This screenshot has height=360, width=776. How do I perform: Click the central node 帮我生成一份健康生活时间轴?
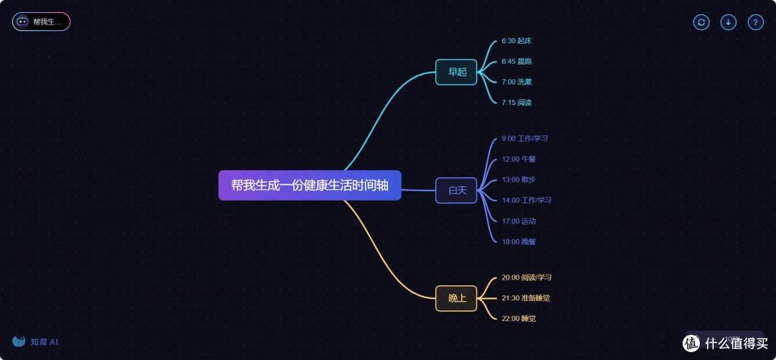(x=310, y=185)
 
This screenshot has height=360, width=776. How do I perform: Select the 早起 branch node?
(x=456, y=72)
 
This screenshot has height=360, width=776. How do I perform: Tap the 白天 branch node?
(x=456, y=190)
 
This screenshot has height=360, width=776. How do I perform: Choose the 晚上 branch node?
(x=456, y=299)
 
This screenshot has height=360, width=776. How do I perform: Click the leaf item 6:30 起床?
(x=517, y=41)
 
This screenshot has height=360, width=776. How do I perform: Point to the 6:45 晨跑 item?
(x=517, y=61)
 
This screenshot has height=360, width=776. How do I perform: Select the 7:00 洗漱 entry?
(x=517, y=82)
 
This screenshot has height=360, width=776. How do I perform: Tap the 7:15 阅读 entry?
(x=517, y=103)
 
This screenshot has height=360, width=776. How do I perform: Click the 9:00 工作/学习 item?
(x=525, y=139)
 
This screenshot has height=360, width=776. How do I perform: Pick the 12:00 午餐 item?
(x=519, y=159)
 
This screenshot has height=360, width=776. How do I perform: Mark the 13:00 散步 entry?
(x=519, y=180)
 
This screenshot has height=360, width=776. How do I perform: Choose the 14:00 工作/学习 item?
(x=527, y=200)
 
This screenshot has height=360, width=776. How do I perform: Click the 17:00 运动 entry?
(x=519, y=221)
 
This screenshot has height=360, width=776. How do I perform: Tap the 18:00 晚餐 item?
(x=519, y=241)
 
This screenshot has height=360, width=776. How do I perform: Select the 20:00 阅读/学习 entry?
(x=527, y=277)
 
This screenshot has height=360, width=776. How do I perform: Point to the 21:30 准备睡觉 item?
(x=526, y=298)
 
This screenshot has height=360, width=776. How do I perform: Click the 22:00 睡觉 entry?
(x=519, y=318)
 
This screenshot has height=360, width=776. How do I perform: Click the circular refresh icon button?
(x=701, y=22)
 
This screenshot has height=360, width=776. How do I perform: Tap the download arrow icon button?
(x=729, y=22)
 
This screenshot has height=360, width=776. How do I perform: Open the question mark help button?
(x=756, y=22)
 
